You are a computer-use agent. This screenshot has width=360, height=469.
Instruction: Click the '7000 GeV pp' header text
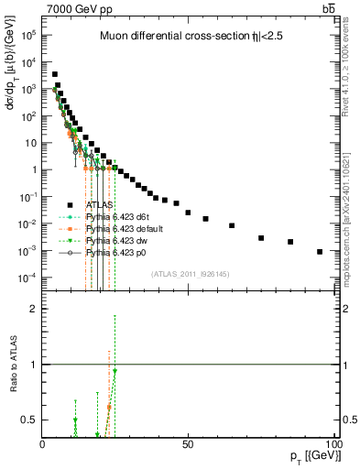[x=74, y=8]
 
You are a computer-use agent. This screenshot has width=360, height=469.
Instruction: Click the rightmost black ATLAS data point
[x=320, y=252]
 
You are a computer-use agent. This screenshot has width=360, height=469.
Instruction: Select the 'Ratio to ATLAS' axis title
[x=13, y=364]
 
